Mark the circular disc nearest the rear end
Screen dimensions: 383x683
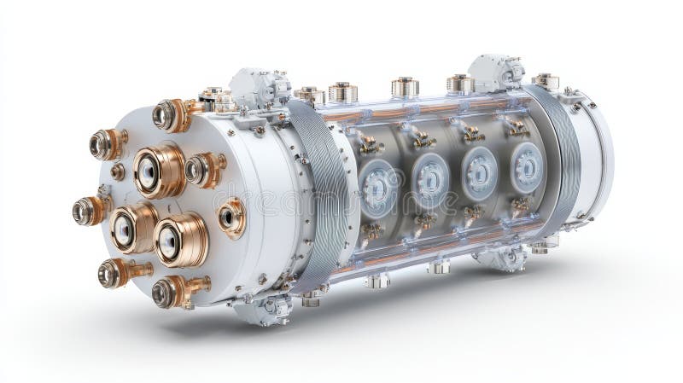coord(526,166)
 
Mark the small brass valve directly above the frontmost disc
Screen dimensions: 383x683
coord(370,144)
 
